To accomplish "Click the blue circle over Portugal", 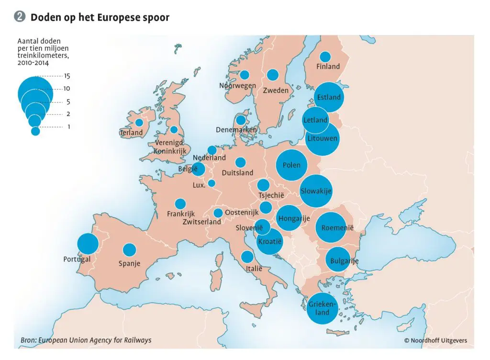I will tap(88, 244).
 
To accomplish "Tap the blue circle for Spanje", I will tap(130, 250).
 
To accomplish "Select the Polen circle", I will tap(291, 165).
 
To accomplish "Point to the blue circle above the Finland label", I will tap(325, 56).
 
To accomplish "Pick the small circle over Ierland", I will tap(139, 122).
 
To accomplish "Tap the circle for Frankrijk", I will tap(180, 204).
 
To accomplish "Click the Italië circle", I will tap(247, 257).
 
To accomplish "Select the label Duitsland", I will tap(238, 172).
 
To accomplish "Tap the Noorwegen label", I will tap(237, 86).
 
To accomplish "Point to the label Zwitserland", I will tap(201, 222).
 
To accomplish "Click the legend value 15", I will tap(67, 76).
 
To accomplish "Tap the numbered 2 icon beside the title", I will tap(20, 17).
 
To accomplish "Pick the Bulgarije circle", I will tap(340, 260).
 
